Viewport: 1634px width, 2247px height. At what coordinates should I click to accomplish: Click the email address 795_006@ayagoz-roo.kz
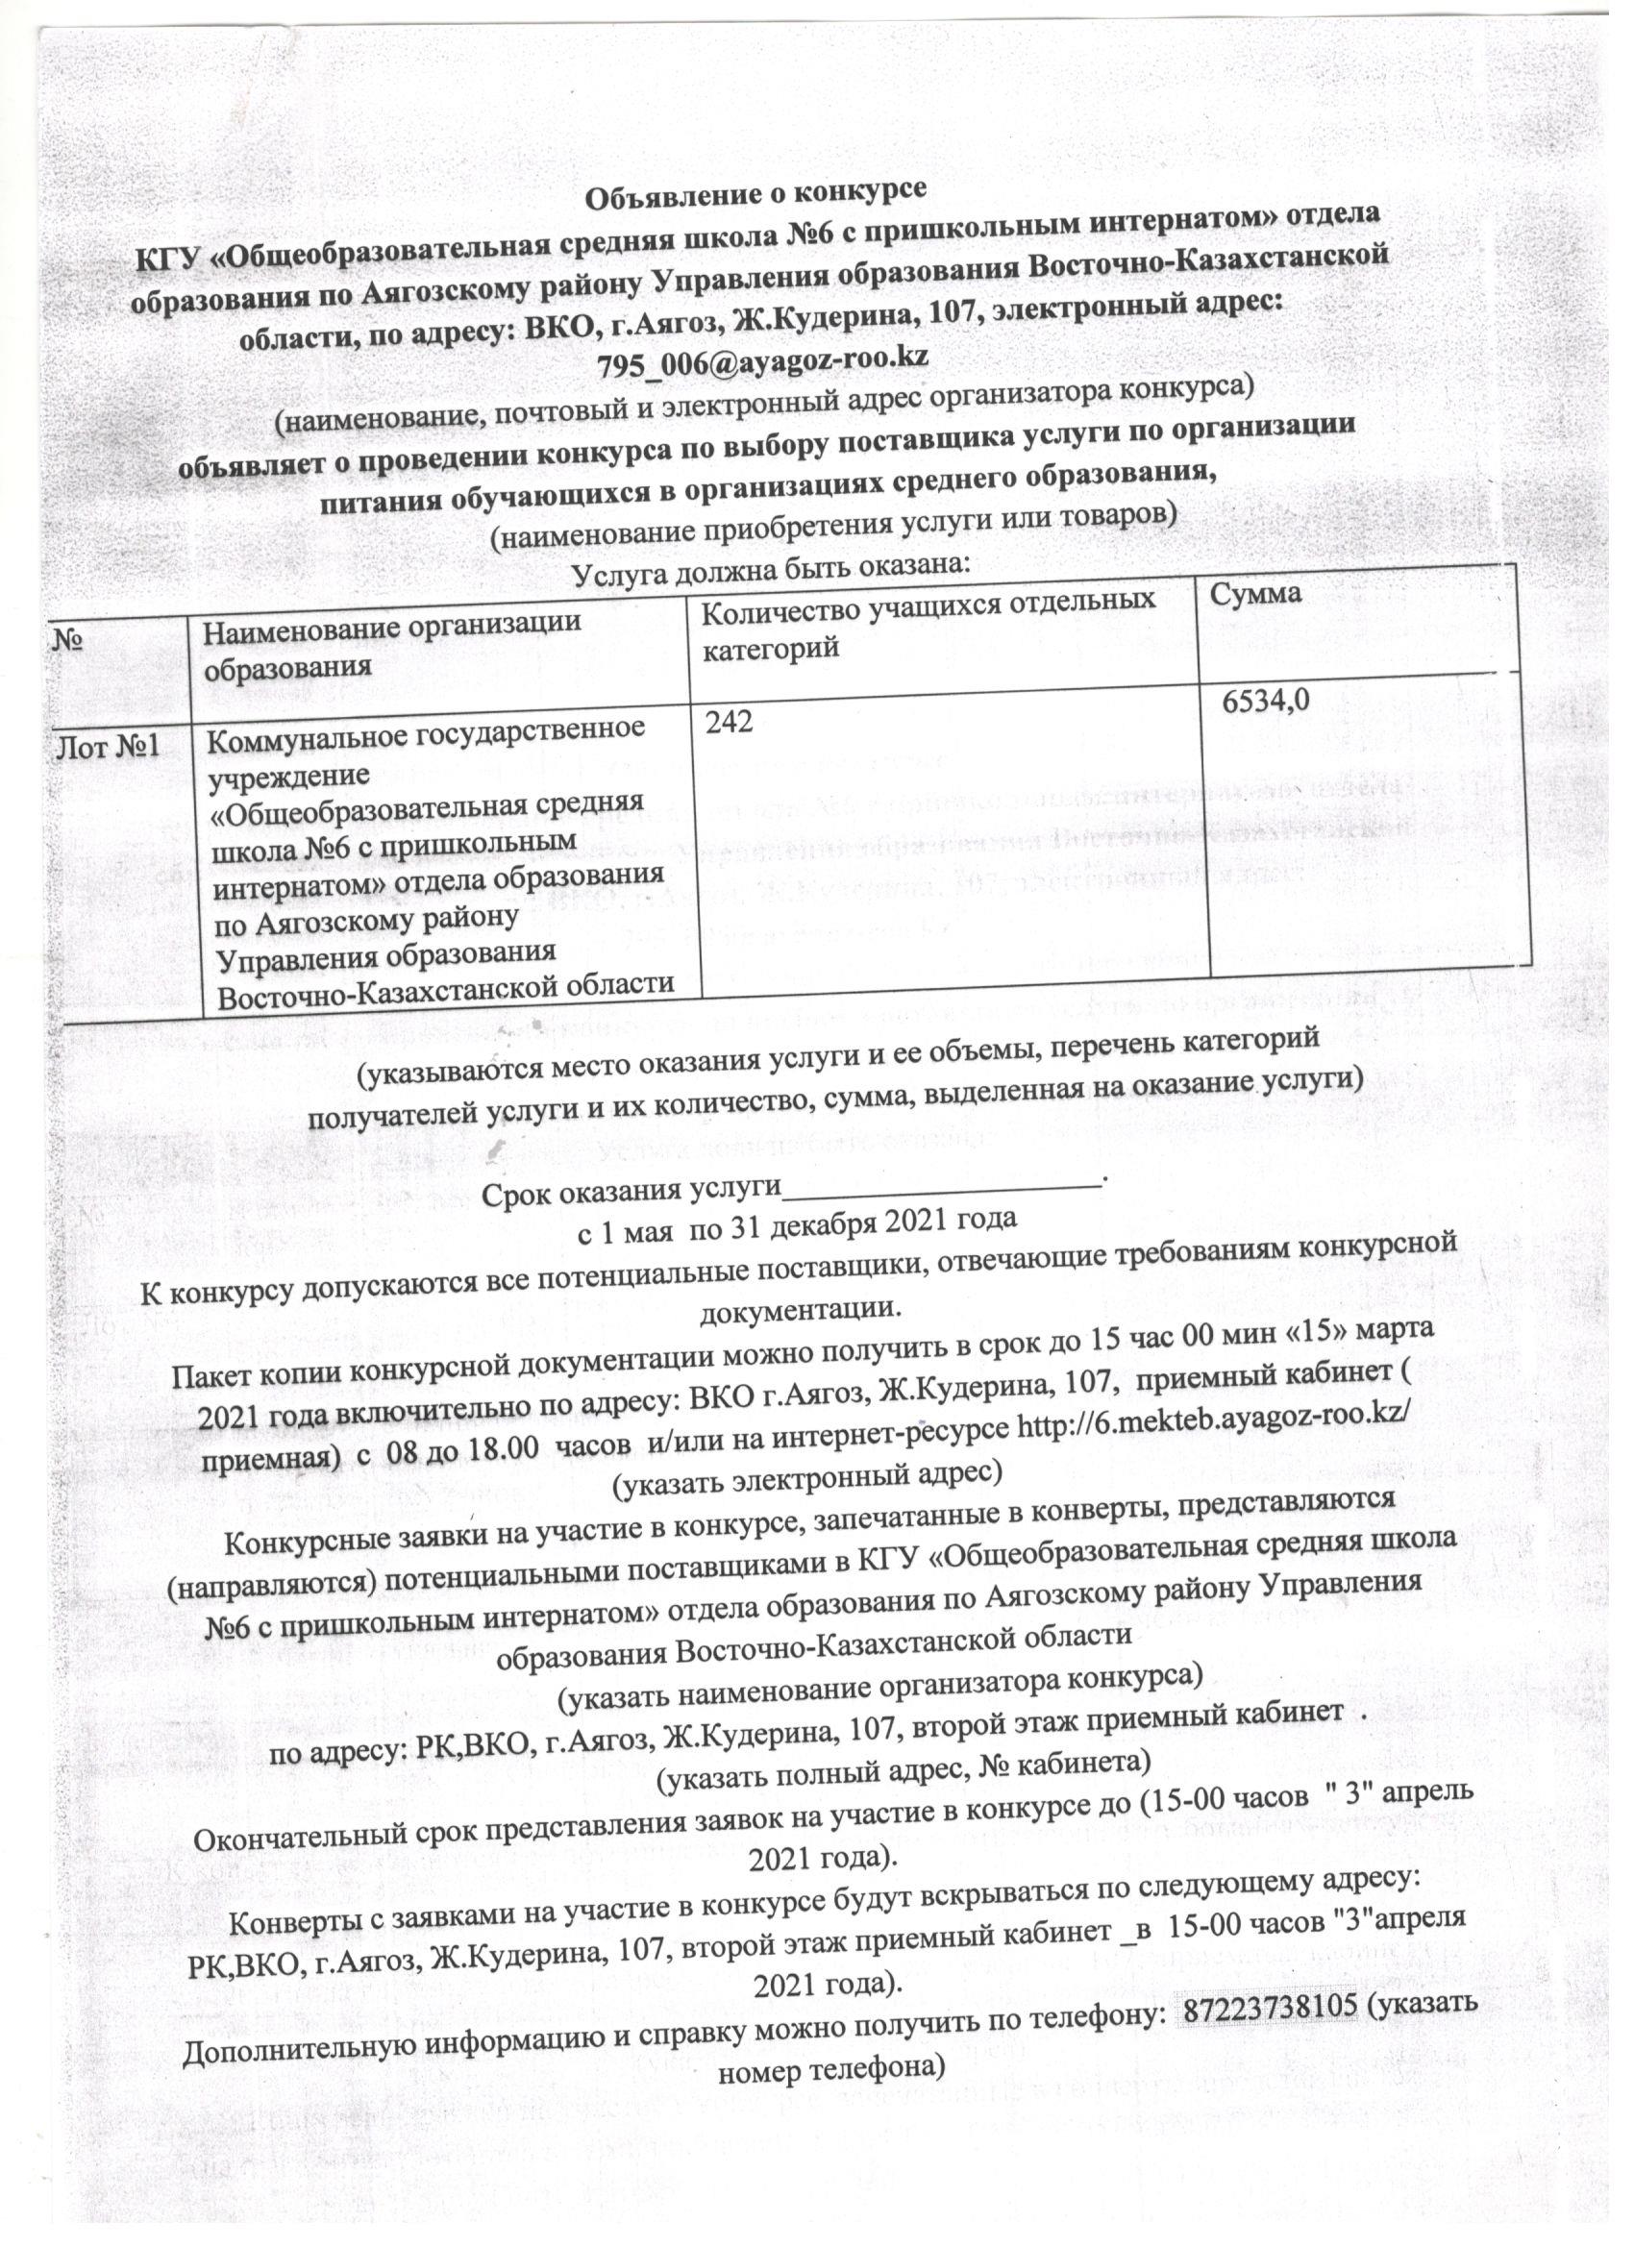tap(762, 358)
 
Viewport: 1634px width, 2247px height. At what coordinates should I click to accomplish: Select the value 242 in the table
tap(730, 725)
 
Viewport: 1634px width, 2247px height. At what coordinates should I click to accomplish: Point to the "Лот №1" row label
tap(105, 743)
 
